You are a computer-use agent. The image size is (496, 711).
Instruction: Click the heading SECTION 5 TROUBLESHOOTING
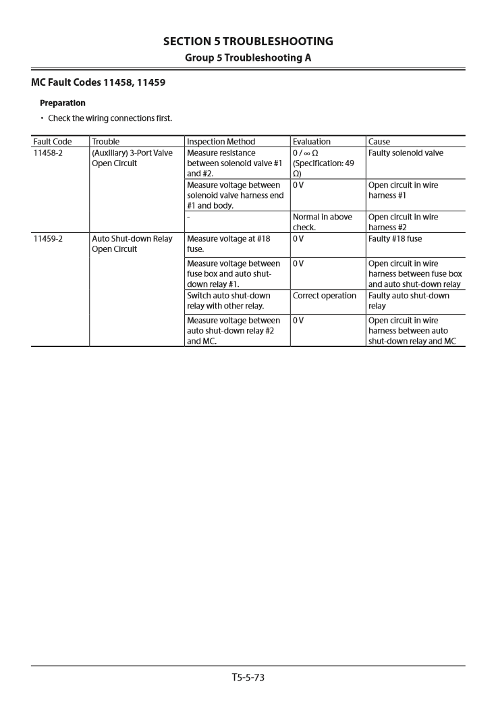click(248, 42)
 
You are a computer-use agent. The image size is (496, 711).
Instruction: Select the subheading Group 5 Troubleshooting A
click(248, 57)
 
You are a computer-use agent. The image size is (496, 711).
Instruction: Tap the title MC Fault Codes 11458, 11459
click(98, 83)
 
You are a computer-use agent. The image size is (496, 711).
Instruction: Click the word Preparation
click(63, 103)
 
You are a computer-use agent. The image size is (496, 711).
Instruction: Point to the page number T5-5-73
click(248, 677)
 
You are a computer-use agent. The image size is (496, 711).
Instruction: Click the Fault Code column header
click(52, 142)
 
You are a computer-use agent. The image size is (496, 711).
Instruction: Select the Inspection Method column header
click(221, 142)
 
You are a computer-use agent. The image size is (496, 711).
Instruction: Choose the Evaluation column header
click(312, 142)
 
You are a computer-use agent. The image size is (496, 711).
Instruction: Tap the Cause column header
click(379, 142)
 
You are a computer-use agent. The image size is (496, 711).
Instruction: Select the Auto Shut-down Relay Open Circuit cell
click(132, 244)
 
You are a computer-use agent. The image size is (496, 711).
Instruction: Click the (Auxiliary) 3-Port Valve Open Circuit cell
click(132, 158)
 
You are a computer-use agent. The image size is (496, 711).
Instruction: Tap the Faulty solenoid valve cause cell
click(406, 153)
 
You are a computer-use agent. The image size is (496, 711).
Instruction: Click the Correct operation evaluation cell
click(325, 296)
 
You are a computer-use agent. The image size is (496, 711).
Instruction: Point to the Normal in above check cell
click(323, 222)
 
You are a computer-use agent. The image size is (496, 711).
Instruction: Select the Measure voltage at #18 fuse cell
click(229, 244)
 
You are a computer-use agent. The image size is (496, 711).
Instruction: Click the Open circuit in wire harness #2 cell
click(403, 222)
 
